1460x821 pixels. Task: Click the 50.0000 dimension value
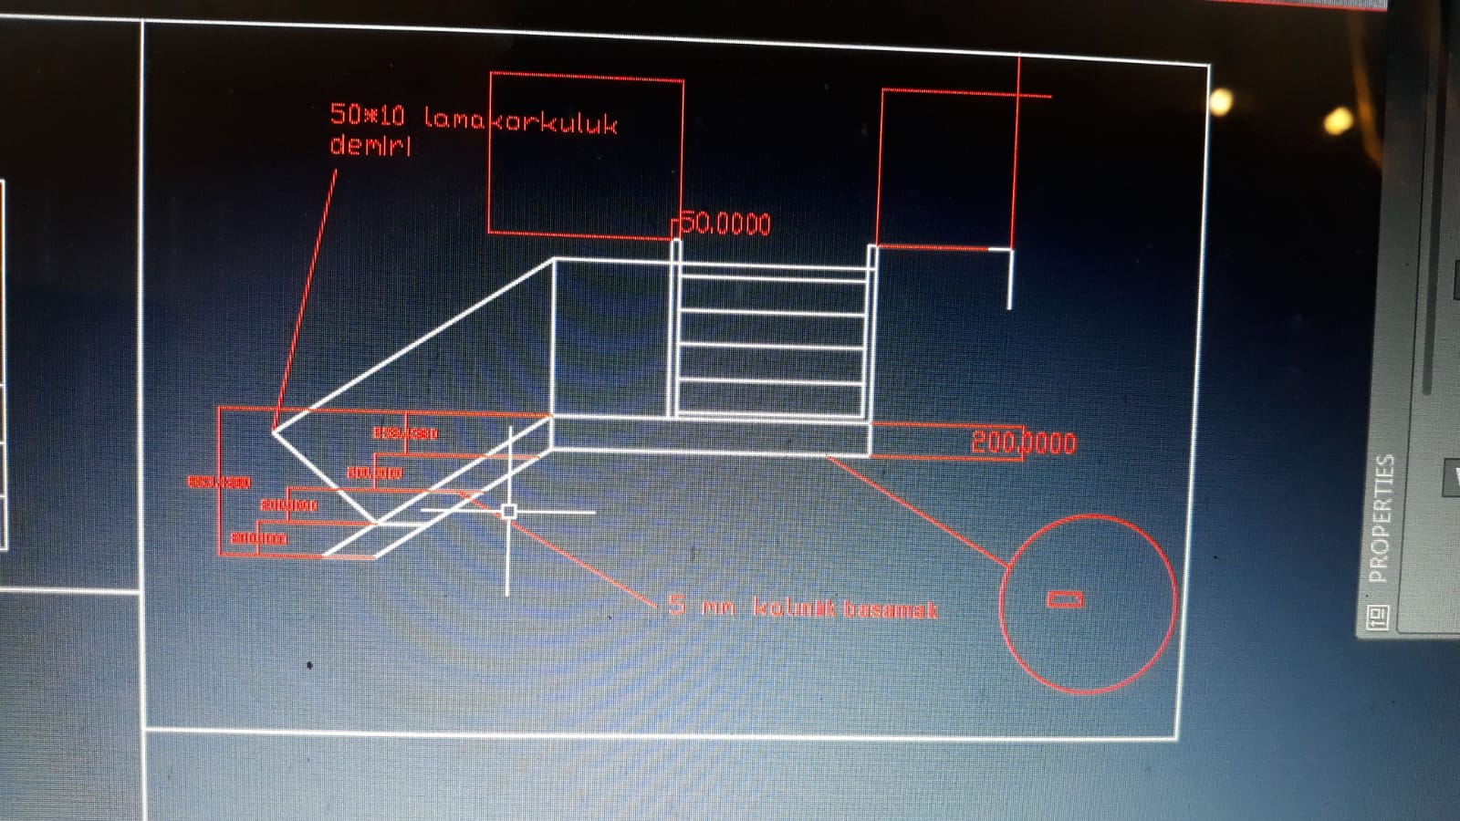(726, 223)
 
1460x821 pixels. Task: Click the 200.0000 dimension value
(1023, 442)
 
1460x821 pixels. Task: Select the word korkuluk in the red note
(555, 122)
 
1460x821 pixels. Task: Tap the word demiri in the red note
(370, 145)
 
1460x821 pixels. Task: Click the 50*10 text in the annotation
(367, 115)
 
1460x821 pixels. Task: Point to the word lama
(454, 118)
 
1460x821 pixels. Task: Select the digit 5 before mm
(676, 604)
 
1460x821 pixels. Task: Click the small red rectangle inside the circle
(1065, 598)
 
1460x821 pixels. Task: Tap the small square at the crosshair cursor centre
(509, 512)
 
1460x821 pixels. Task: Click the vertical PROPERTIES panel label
(1382, 518)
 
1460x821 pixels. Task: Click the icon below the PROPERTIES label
(1378, 618)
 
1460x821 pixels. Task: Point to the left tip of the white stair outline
(273, 430)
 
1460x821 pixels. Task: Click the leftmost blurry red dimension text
(219, 482)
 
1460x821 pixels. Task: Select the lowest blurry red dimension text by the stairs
(259, 538)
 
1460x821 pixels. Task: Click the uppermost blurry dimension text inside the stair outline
(405, 432)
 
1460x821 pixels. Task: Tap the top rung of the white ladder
(772, 280)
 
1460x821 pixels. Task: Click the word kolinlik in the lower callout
(792, 608)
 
